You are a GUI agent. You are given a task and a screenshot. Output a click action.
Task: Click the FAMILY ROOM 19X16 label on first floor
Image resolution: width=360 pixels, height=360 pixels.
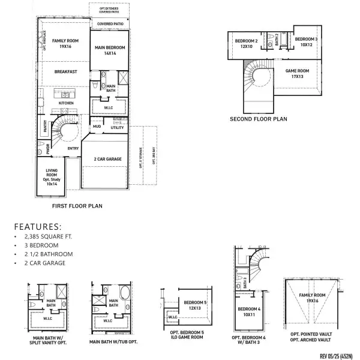pos(62,44)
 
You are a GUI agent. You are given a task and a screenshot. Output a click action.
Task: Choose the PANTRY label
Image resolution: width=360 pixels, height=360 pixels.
pos(45,126)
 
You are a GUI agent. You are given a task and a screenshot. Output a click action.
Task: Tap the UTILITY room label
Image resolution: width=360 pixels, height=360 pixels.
pos(117,128)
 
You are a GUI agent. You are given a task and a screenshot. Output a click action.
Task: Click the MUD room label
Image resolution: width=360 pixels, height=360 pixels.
pos(97,127)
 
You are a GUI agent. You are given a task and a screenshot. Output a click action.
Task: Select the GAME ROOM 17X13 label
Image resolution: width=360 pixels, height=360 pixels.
pos(296,74)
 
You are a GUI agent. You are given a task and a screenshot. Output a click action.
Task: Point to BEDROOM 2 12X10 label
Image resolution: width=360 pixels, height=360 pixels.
pos(246,43)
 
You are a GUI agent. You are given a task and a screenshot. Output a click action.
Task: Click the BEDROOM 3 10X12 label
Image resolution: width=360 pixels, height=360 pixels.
pos(306,42)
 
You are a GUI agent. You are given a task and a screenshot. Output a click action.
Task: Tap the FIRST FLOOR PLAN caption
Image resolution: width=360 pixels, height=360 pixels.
pos(77,206)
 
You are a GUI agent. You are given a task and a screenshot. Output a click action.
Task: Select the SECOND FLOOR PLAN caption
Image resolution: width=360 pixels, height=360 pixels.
pos(259,119)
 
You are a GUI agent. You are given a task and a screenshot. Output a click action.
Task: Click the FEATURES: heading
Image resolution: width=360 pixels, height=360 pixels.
pos(38,227)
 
